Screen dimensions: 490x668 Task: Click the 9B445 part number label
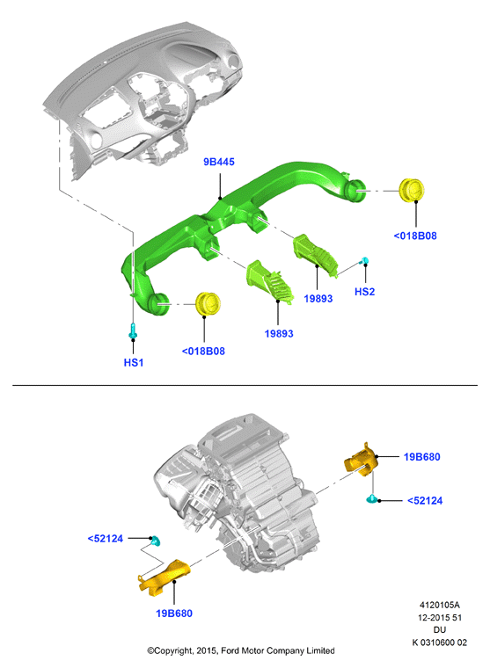tap(219, 162)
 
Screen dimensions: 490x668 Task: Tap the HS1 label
tap(134, 362)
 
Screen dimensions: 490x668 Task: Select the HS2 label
tap(364, 292)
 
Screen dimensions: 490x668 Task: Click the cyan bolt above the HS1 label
tap(133, 330)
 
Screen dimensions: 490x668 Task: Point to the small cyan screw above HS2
tap(364, 260)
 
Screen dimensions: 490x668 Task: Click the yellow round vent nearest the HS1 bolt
tap(208, 303)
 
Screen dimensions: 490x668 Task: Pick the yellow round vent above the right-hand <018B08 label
tap(412, 190)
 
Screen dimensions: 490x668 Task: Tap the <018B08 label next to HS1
tap(203, 352)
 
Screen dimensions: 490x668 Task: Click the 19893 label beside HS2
tap(318, 299)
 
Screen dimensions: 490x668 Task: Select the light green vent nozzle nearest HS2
tap(315, 254)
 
